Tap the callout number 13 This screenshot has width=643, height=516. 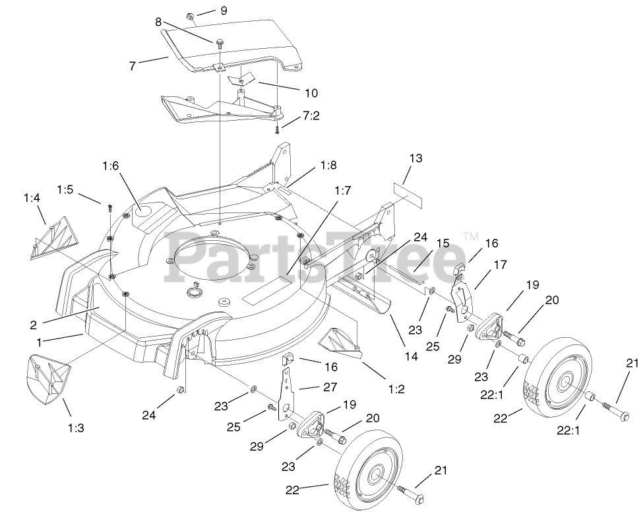point(415,159)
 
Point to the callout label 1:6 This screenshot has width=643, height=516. point(111,166)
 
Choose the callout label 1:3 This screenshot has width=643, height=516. point(77,428)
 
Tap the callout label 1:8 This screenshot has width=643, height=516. point(329,164)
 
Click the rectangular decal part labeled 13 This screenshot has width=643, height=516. point(408,187)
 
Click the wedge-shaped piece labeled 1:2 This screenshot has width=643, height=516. point(338,342)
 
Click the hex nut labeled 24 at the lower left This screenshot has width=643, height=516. point(179,394)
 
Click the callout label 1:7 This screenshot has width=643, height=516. point(342,191)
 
